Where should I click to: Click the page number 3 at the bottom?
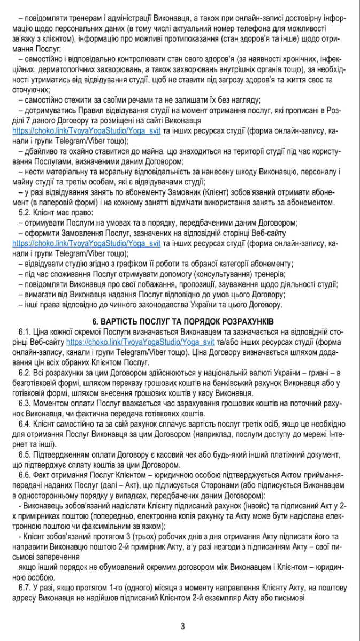[x=182, y=626]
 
